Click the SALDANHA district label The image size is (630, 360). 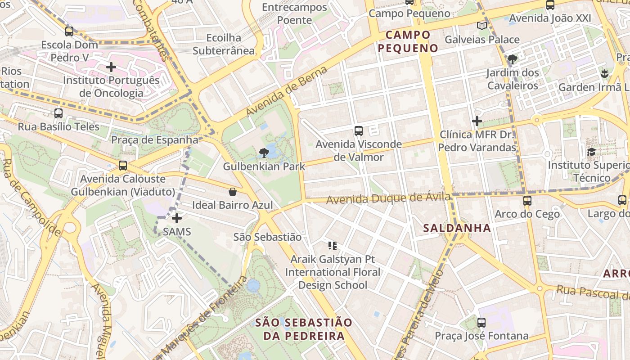(457, 228)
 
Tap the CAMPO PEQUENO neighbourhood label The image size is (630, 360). (408, 41)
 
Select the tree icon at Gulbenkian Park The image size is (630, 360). (264, 153)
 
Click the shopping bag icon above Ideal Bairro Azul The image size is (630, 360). (233, 192)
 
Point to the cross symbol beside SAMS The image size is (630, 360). (177, 218)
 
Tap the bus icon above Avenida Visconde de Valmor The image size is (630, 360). (359, 131)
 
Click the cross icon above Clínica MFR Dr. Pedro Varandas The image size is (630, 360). (477, 121)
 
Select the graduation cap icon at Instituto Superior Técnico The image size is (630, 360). (591, 152)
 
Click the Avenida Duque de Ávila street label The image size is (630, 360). (388, 198)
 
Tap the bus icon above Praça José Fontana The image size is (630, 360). (481, 322)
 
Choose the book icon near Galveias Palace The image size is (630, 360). (482, 26)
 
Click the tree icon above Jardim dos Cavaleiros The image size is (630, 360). (512, 59)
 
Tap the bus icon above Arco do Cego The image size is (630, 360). (527, 200)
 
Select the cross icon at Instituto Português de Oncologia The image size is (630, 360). (111, 67)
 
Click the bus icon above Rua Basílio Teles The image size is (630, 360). (58, 113)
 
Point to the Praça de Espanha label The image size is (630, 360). (155, 139)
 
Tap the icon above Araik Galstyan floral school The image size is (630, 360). (333, 246)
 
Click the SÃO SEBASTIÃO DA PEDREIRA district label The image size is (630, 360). (304, 329)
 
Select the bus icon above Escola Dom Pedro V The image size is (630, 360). (69, 31)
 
